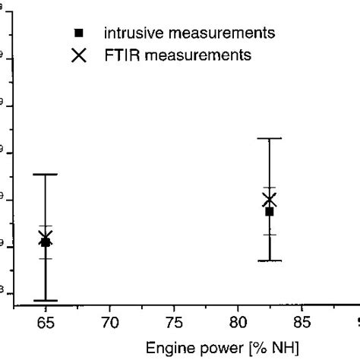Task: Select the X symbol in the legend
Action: [78, 55]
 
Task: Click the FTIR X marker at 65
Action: [46, 238]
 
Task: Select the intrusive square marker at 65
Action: [46, 242]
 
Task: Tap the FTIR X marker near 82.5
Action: [269, 200]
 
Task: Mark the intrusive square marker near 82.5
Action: [269, 211]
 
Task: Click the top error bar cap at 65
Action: [46, 175]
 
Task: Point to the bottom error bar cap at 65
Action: [46, 300]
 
